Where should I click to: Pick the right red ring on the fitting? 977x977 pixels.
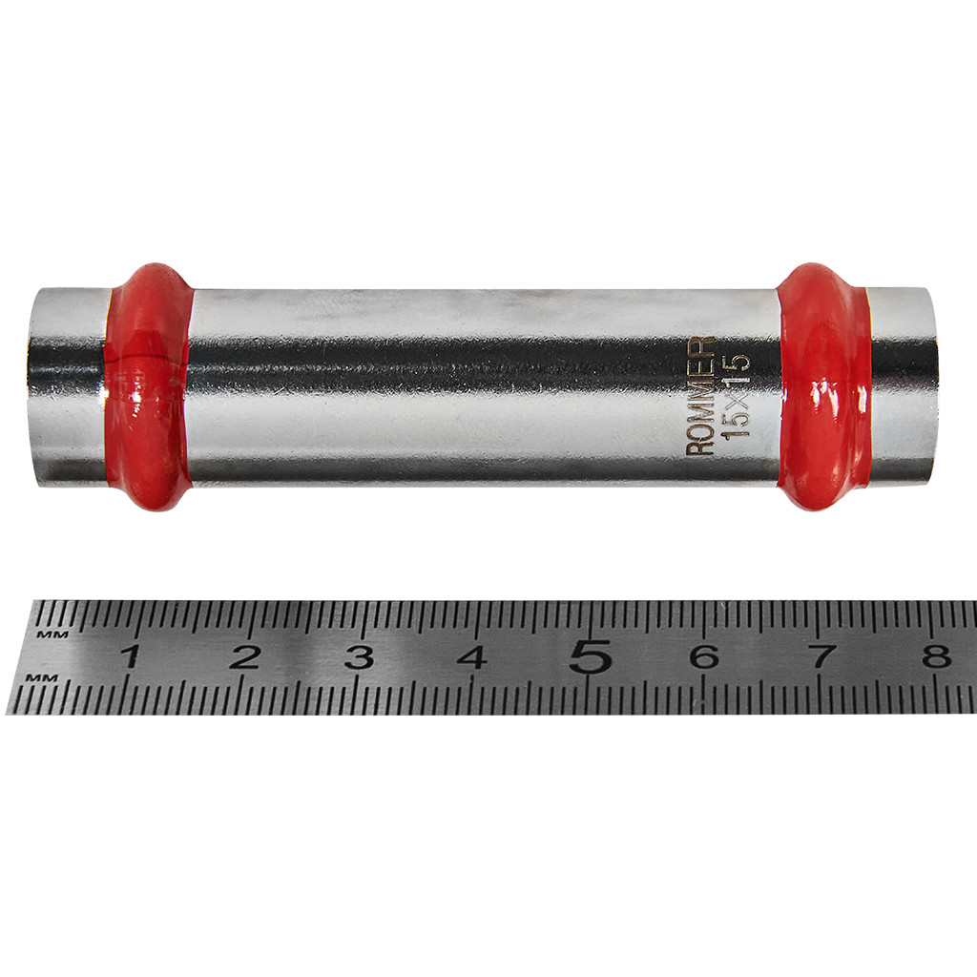pyautogui.click(x=822, y=386)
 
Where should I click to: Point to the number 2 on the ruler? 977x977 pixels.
pyautogui.click(x=245, y=656)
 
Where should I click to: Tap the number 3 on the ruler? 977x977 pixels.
pyautogui.click(x=359, y=656)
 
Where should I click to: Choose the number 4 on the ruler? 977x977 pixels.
pyautogui.click(x=473, y=656)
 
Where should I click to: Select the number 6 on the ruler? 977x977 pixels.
pyautogui.click(x=704, y=656)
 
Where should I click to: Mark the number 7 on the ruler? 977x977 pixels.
pyautogui.click(x=821, y=656)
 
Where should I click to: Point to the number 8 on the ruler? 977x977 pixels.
pyautogui.click(x=937, y=656)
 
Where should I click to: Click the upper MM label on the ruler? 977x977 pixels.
pyautogui.click(x=43, y=633)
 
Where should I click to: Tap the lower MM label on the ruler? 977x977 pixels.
pyautogui.click(x=40, y=676)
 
